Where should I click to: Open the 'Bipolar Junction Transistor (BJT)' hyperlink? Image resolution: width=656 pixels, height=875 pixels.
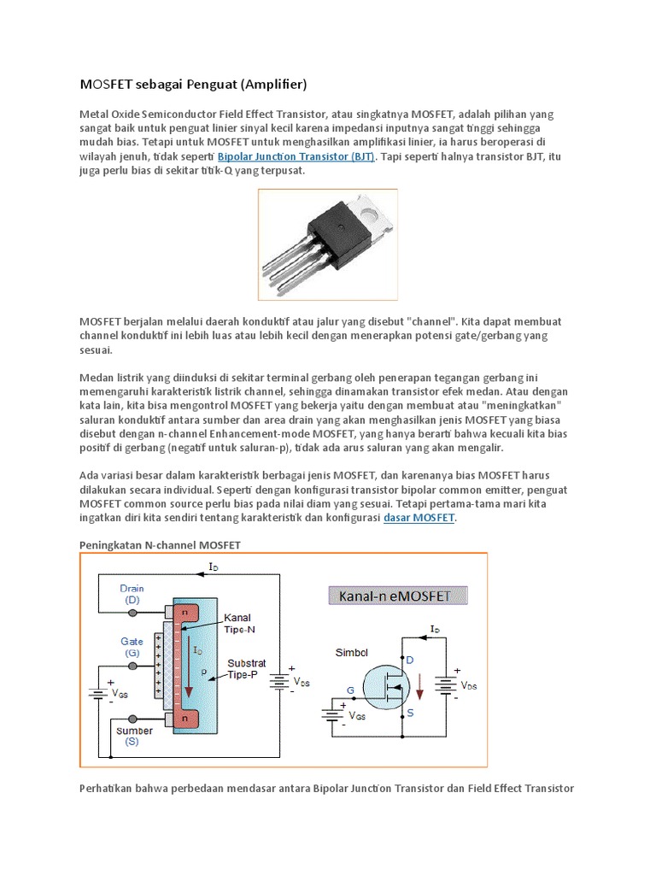296,157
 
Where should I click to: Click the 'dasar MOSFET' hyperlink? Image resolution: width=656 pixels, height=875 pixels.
419,518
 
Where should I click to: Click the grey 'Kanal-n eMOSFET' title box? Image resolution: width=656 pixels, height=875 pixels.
397,596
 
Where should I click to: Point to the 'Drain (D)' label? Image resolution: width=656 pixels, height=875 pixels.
132,594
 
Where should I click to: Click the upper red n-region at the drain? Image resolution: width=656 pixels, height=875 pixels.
185,614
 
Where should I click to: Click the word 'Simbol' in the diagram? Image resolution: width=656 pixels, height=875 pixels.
352,652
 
